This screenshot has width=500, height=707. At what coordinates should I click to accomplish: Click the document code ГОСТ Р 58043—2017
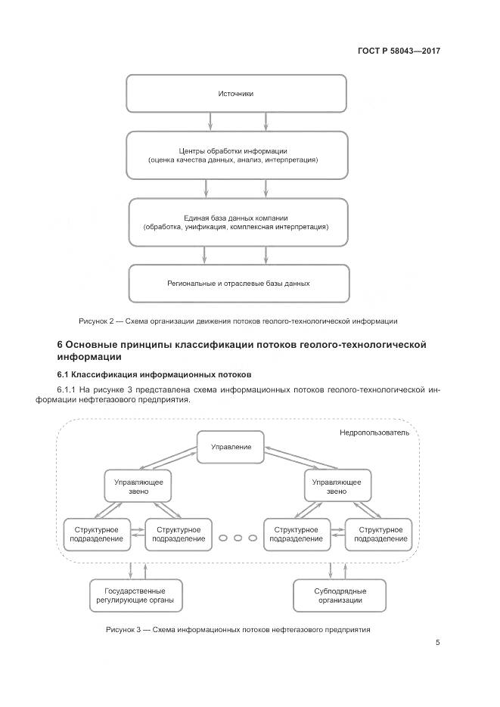click(x=399, y=51)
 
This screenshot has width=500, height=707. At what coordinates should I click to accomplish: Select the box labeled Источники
click(x=236, y=94)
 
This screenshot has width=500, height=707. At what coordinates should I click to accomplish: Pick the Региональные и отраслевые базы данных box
click(x=238, y=283)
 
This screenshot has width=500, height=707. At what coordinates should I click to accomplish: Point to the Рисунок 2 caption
click(x=238, y=321)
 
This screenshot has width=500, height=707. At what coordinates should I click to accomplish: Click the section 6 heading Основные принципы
click(x=241, y=350)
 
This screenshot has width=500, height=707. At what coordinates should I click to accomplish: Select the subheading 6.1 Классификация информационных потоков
click(x=154, y=374)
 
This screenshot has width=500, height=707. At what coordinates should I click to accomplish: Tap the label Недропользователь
click(x=374, y=433)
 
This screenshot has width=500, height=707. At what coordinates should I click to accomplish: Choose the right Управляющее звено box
click(x=336, y=485)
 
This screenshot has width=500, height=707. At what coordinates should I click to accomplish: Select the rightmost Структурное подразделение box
click(x=378, y=534)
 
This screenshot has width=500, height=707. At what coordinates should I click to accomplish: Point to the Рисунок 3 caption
click(x=238, y=629)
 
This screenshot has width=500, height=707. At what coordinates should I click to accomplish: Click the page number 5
click(x=437, y=643)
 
